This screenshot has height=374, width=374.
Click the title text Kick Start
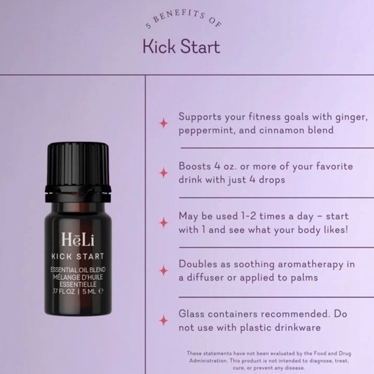[181, 46]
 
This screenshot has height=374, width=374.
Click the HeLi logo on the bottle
[77, 239]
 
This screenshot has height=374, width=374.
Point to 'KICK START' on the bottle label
[77, 257]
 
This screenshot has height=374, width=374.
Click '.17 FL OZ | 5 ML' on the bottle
[77, 291]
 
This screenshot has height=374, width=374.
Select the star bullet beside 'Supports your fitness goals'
[164, 123]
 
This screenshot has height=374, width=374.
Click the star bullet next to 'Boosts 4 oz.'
[164, 173]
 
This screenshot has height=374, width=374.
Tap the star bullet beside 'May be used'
[164, 222]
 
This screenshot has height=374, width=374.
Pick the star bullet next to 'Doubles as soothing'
[164, 271]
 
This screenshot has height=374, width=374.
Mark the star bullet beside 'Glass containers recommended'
[164, 321]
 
